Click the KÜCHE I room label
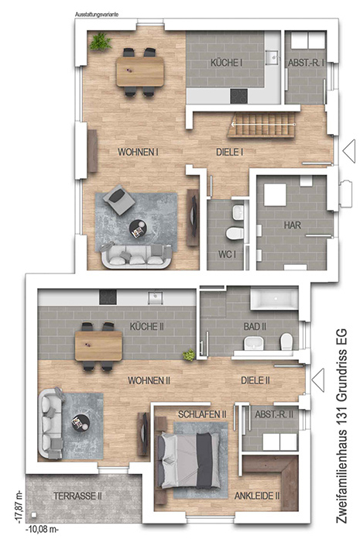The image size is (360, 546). pos(226,63)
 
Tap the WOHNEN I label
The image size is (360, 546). pos(139,152)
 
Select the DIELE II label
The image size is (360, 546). pos(255,380)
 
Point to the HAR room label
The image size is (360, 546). pos(293,225)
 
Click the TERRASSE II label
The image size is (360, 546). pos(77,496)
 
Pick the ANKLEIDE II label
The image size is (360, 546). pos(257,496)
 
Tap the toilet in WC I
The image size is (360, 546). pos(235,232)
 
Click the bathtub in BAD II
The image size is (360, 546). pos(274,298)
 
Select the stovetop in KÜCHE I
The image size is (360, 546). pos(239,96)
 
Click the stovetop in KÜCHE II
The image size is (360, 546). pos(108,297)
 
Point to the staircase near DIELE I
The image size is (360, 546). pos(262,125)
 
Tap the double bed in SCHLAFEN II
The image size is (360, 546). pos(189,460)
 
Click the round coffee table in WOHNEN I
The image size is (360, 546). pos(139,229)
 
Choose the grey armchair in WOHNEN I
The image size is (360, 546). pos(118,200)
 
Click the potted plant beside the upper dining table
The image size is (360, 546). pos(101,42)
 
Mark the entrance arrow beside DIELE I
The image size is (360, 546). pos(349,151)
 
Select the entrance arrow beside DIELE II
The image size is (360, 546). pos(318,380)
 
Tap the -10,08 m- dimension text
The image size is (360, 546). pos(43,530)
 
